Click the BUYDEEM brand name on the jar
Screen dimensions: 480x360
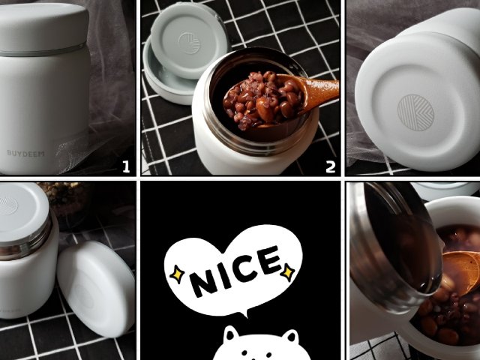click(x=25, y=153)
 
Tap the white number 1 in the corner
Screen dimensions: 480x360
click(x=126, y=167)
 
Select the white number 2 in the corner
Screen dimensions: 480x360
click(x=330, y=167)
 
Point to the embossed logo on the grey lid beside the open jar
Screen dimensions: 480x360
click(x=190, y=43)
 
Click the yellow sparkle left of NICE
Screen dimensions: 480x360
click(x=177, y=274)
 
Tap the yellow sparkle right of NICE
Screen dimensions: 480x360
click(x=288, y=271)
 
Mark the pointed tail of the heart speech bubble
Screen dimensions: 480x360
click(x=244, y=313)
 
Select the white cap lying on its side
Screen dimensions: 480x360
click(x=96, y=288)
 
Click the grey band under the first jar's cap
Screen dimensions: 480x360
click(x=43, y=52)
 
